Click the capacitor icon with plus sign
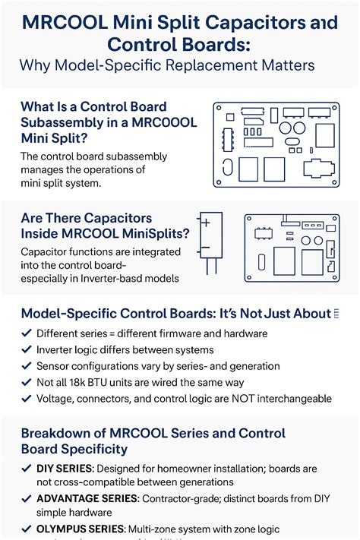pos(210,244)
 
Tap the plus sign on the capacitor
pos(205,223)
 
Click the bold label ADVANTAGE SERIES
pos(87,498)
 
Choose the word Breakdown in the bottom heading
pos(58,433)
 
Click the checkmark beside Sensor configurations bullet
pos(27,365)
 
